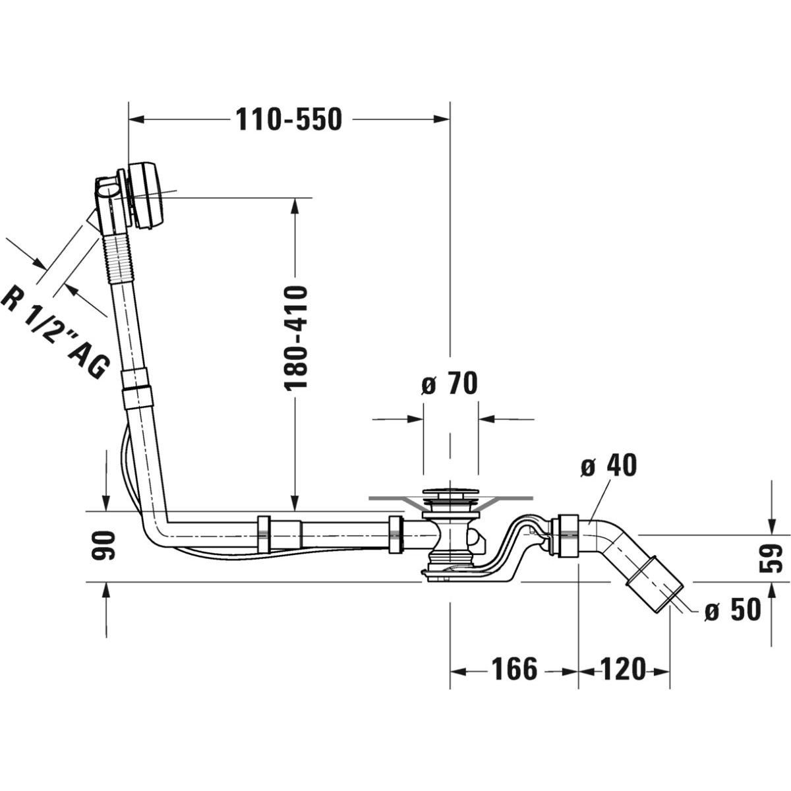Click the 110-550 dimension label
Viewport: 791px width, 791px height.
(288, 120)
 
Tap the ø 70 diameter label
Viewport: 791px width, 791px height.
(450, 383)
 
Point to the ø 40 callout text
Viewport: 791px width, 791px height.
(609, 466)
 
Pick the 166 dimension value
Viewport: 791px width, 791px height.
(514, 670)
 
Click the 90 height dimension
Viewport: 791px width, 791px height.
(105, 545)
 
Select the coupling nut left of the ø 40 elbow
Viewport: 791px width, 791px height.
(566, 535)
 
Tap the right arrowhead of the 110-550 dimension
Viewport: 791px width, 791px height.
(442, 119)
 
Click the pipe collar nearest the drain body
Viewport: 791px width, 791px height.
(395, 534)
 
